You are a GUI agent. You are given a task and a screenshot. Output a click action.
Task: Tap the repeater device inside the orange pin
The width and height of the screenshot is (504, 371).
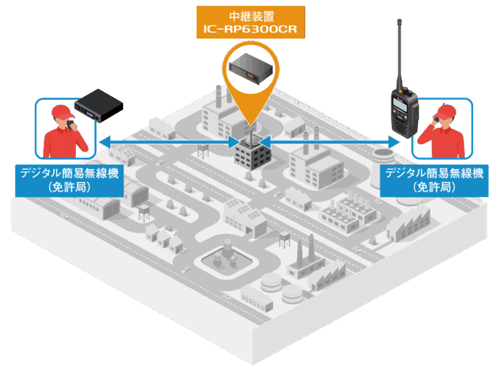pos(251,68)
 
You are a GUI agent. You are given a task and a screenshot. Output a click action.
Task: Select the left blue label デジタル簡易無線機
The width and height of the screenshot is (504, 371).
pos(70,173)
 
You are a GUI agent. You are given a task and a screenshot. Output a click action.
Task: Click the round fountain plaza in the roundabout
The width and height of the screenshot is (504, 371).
pos(222,259)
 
